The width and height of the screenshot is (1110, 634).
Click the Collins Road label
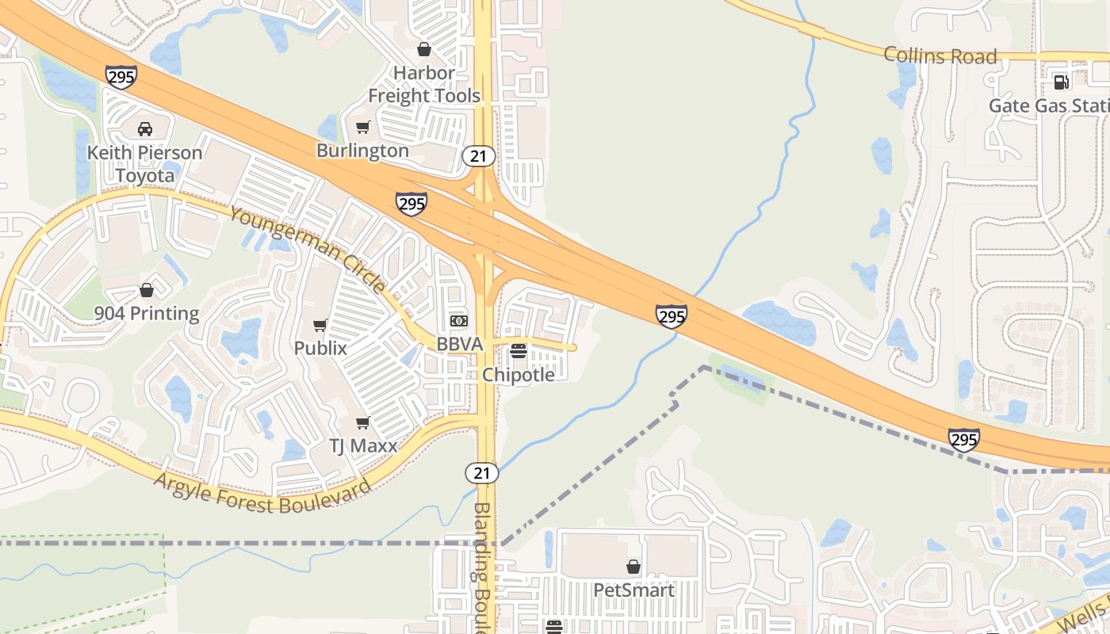click(x=940, y=55)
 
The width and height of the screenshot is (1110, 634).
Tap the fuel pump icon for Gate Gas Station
click(x=1060, y=82)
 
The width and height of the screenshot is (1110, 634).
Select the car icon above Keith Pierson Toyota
click(x=145, y=128)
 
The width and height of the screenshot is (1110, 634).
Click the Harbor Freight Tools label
click(x=424, y=84)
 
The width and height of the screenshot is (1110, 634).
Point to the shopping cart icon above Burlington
click(x=363, y=127)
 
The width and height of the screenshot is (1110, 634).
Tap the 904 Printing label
click(x=147, y=313)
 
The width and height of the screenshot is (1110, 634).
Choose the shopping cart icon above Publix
click(x=320, y=325)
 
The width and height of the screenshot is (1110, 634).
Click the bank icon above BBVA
click(x=459, y=321)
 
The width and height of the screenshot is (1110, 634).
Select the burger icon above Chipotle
click(x=519, y=350)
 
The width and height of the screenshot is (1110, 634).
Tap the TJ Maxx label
click(x=363, y=445)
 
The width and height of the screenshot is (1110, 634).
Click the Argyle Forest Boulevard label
click(x=262, y=494)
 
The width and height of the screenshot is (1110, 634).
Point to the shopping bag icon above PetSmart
click(x=633, y=567)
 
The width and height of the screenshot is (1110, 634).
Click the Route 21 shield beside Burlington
click(x=479, y=156)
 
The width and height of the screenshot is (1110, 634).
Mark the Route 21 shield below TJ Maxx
click(x=482, y=473)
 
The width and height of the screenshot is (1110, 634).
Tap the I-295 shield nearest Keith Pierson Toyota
click(x=121, y=77)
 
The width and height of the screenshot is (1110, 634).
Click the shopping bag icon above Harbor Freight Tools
click(x=424, y=49)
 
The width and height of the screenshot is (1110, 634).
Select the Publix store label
click(x=320, y=348)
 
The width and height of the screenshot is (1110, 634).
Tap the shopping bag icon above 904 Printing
click(x=147, y=290)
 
